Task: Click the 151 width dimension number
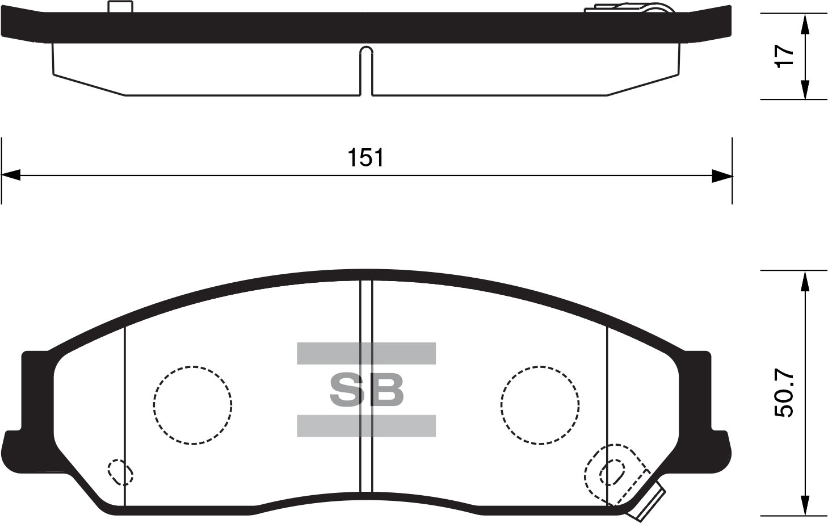[x=366, y=158]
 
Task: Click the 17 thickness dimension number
[x=785, y=56]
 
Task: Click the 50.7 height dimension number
[x=785, y=395]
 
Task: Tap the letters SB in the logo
[x=367, y=390]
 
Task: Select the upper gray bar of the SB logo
[x=366, y=353]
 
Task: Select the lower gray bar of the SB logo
[x=366, y=425]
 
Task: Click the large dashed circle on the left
[x=192, y=404]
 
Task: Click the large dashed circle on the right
[x=540, y=404]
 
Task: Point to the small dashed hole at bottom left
[x=120, y=472]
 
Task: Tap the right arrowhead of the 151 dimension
[x=722, y=175]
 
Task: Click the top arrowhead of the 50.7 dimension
[x=804, y=281]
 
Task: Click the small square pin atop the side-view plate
[x=120, y=7]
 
